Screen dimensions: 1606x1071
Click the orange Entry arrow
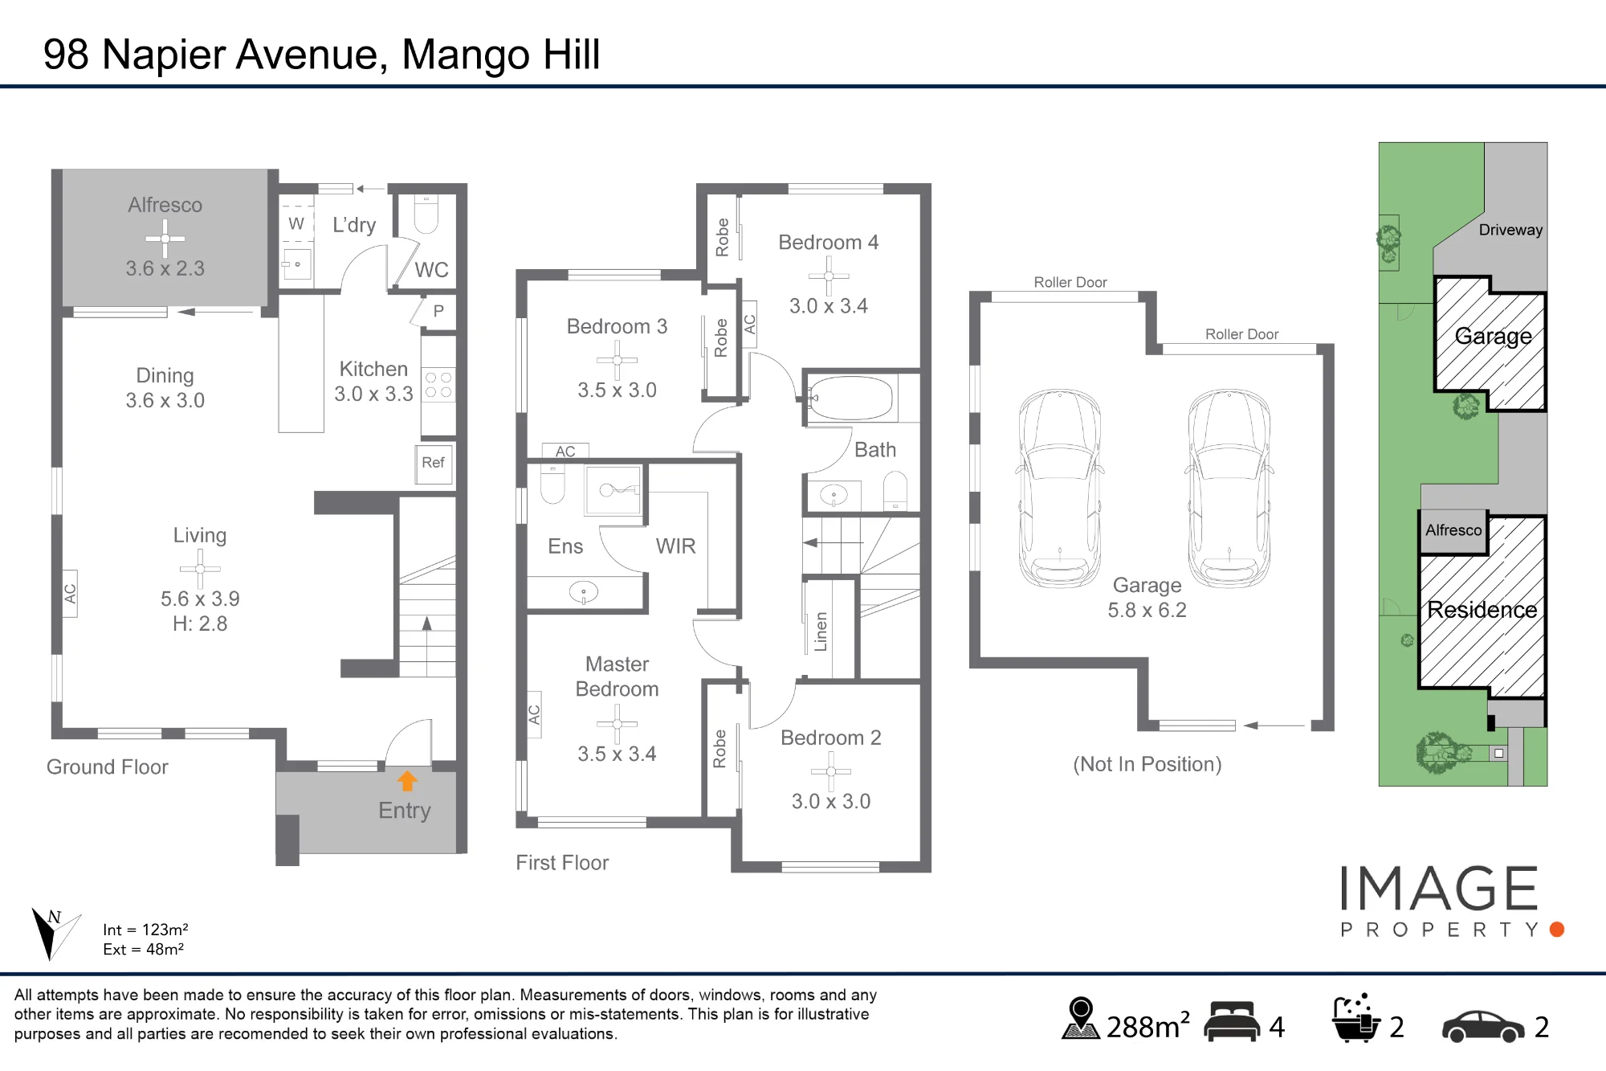point(407,781)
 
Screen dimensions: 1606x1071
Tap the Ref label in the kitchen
point(433,463)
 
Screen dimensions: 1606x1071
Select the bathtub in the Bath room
point(851,398)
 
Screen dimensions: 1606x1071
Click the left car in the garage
point(1060,488)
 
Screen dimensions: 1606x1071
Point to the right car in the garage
point(1229,488)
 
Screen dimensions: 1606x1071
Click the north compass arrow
point(53,934)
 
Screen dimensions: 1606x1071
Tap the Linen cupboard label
point(821,632)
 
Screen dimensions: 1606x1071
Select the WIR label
point(675,546)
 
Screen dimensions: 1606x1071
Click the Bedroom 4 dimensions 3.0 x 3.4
point(829,306)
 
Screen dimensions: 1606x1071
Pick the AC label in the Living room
point(70,594)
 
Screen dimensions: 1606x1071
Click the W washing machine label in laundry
point(296,223)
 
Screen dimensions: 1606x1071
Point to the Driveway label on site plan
point(1510,230)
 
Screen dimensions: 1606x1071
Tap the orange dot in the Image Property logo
point(1557,930)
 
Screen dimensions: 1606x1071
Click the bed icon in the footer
point(1233,1021)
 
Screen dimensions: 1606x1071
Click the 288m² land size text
point(1147,1026)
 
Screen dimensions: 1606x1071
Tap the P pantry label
point(438,311)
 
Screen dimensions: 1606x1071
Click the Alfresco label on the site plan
point(1453,530)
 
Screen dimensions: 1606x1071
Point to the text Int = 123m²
point(145,930)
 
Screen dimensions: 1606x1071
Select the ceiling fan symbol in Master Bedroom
point(617,724)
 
